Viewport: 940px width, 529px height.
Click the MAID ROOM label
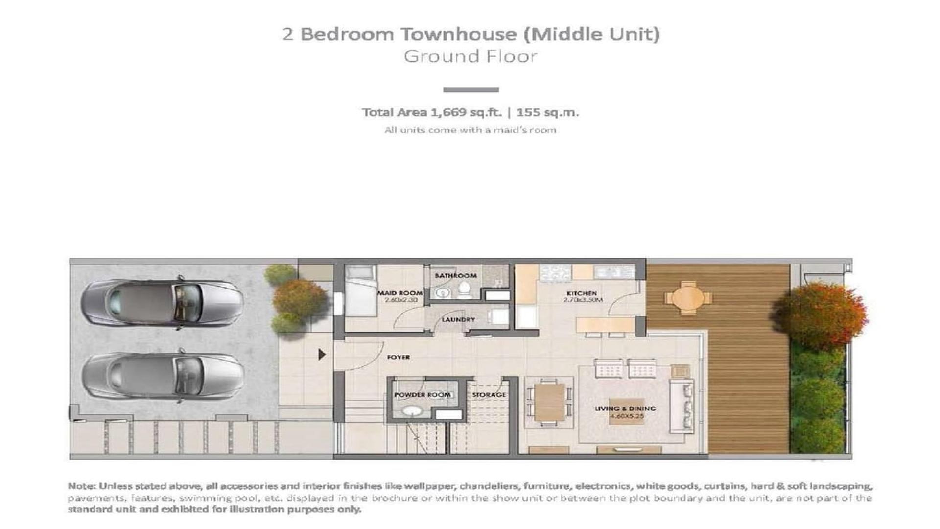(399, 293)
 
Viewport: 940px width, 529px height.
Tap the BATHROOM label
(455, 276)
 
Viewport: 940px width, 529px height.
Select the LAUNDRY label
(458, 319)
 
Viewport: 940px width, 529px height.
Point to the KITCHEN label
(582, 293)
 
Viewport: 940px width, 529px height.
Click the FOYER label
(399, 357)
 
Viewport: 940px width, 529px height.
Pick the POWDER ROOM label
(423, 395)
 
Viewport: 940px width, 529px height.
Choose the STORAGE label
(489, 395)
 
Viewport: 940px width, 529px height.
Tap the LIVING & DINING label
(625, 409)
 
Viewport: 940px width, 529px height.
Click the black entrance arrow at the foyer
(322, 354)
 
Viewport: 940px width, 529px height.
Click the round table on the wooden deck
(688, 298)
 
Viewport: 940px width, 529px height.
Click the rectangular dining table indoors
(549, 402)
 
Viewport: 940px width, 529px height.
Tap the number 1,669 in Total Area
(448, 112)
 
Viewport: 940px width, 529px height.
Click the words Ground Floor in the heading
(470, 56)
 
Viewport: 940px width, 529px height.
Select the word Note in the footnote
(81, 486)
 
